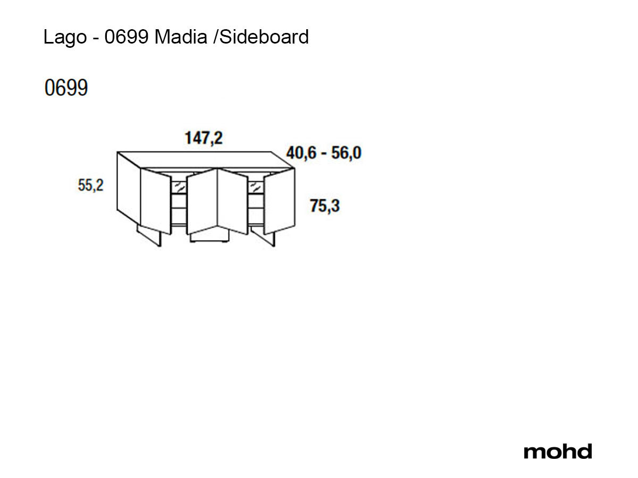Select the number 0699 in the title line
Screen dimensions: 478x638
126,37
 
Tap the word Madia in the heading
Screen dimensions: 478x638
181,37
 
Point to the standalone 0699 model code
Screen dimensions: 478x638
66,89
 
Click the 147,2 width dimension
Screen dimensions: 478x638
204,138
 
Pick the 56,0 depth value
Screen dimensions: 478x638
347,153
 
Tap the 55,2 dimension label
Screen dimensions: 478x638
91,185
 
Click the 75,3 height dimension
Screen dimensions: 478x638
324,206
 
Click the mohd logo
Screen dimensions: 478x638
557,451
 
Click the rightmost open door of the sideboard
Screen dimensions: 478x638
279,201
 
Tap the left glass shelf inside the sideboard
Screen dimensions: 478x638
179,187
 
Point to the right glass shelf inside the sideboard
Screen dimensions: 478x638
256,187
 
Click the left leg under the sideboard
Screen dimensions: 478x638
150,236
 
